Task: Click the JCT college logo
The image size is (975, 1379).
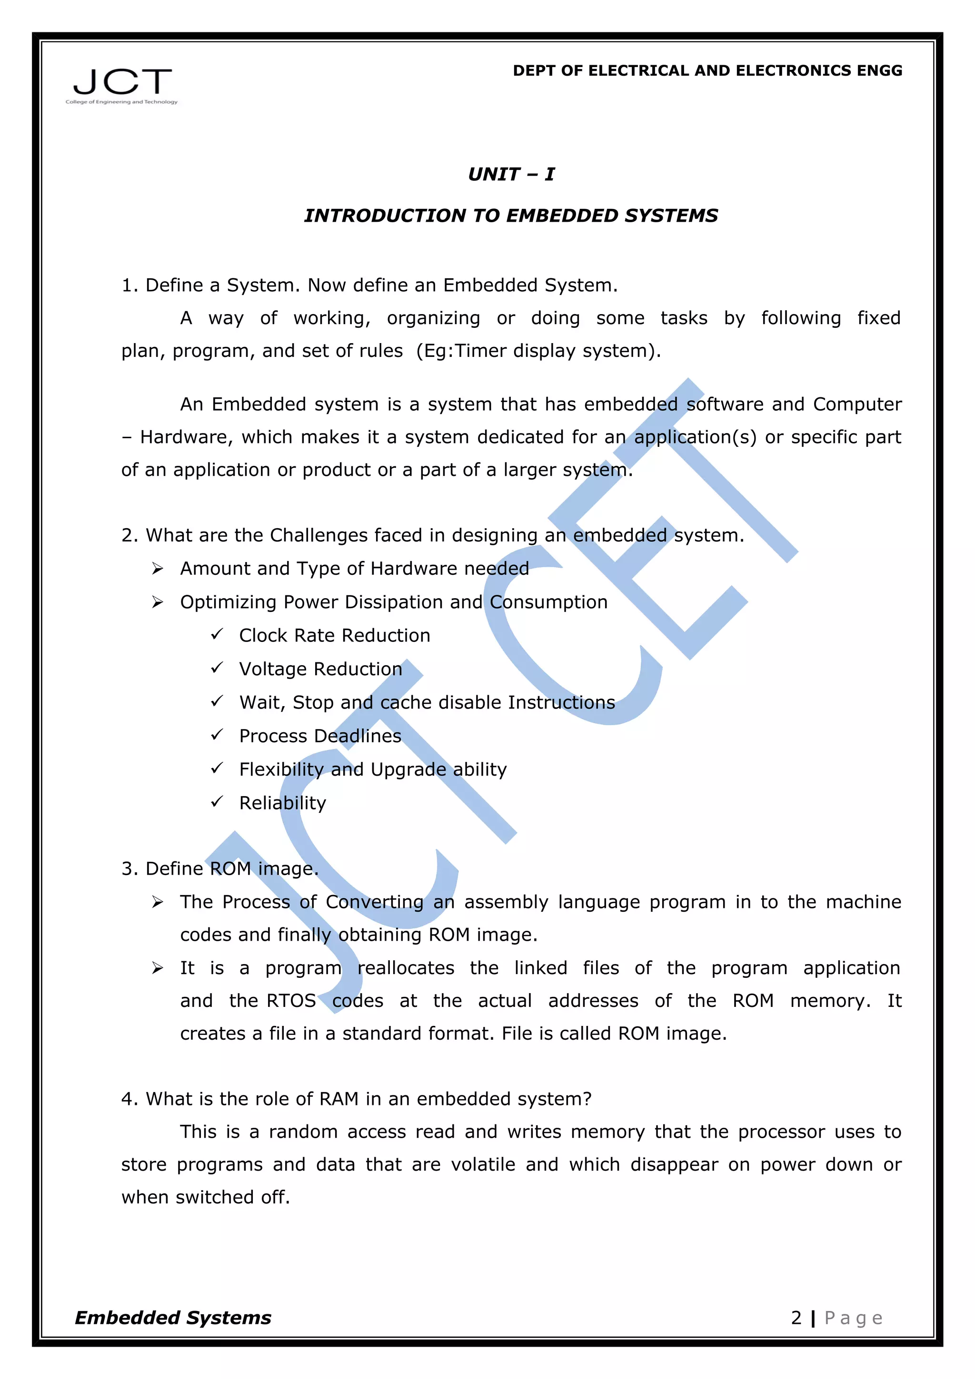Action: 122,85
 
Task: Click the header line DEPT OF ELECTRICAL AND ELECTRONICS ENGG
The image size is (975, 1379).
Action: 707,71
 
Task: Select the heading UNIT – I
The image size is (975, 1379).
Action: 511,174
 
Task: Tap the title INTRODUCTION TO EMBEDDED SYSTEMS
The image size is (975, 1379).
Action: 511,216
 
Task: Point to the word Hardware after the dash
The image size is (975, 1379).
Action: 186,437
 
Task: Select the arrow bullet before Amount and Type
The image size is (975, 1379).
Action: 158,568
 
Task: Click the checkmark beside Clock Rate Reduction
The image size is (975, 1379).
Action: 217,634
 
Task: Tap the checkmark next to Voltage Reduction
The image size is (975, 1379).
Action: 217,668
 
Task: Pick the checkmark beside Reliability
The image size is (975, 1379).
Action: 217,802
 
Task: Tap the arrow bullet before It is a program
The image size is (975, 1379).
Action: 158,968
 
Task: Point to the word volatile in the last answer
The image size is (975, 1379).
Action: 483,1164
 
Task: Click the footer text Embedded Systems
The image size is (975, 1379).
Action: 173,1318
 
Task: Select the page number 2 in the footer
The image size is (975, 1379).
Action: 796,1318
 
